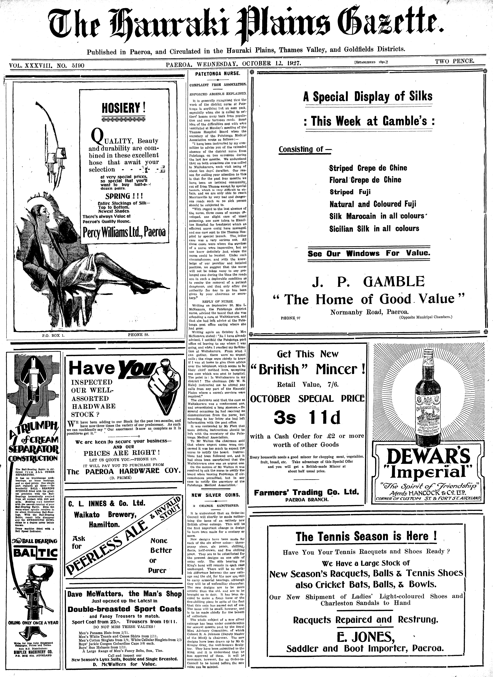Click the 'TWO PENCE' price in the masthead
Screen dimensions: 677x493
pyautogui.click(x=454, y=61)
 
